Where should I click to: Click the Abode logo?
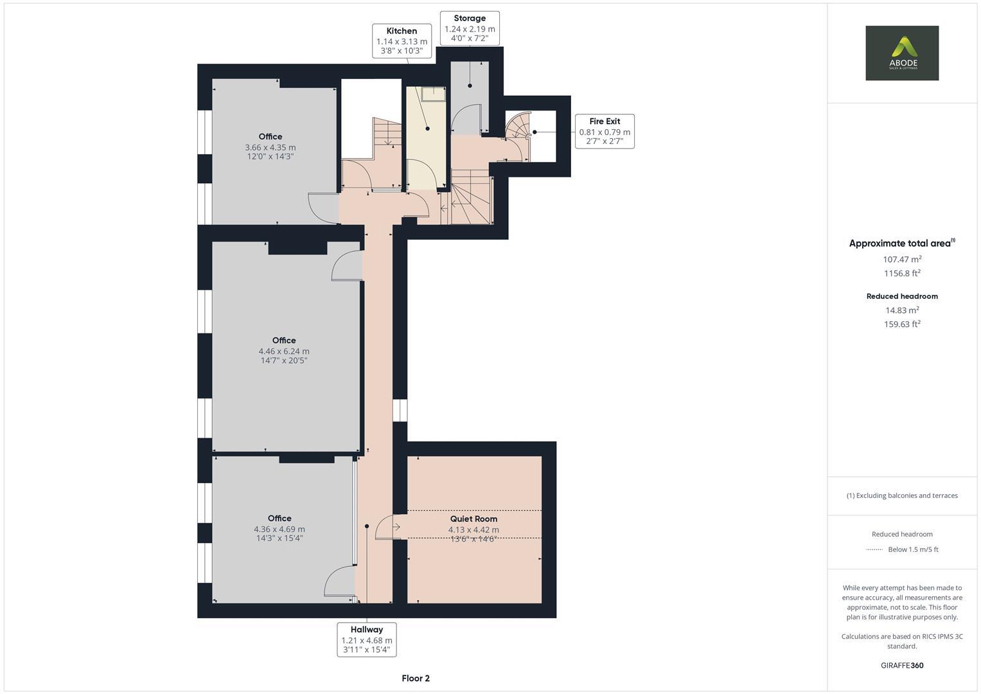(901, 53)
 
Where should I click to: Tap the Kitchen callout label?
(402, 40)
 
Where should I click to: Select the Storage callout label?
(470, 28)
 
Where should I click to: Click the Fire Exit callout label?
(605, 131)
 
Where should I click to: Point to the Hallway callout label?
(367, 639)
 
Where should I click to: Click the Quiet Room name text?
(473, 519)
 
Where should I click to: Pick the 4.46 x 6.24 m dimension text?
(284, 351)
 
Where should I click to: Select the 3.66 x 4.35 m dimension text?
(270, 147)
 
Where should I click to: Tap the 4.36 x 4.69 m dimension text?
(279, 529)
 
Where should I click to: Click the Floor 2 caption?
(416, 678)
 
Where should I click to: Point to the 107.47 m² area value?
(902, 260)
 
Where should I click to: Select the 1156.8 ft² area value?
(902, 273)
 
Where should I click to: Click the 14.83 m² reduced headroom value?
(902, 310)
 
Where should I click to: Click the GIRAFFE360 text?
(901, 665)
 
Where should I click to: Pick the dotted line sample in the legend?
(874, 549)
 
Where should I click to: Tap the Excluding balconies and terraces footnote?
(902, 495)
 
